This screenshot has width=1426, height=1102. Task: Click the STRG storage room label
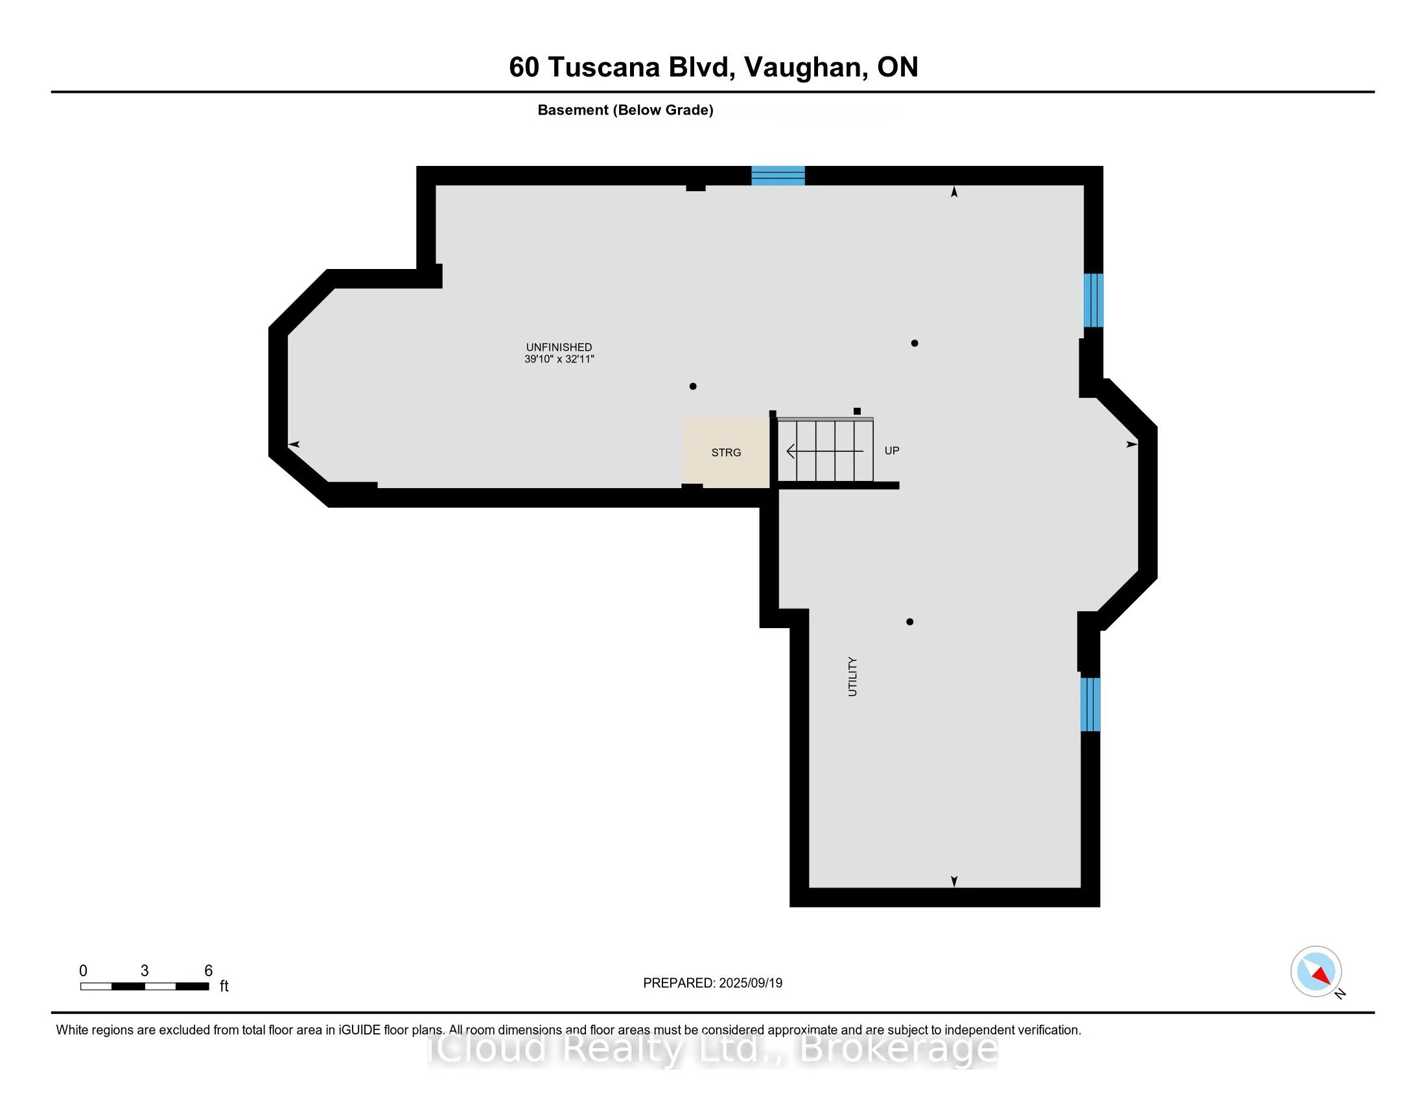pyautogui.click(x=726, y=452)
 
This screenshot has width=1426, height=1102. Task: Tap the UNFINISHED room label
pyautogui.click(x=559, y=347)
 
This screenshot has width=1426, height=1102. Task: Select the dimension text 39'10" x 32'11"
pyautogui.click(x=559, y=359)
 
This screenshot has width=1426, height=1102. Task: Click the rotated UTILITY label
pyautogui.click(x=852, y=677)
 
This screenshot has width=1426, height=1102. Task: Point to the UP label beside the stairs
pyautogui.click(x=891, y=451)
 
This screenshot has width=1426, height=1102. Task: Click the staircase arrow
pyautogui.click(x=824, y=451)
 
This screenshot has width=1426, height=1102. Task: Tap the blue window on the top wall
pyautogui.click(x=778, y=176)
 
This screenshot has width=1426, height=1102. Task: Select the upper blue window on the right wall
pyautogui.click(x=1093, y=299)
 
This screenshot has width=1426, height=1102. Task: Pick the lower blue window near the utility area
pyautogui.click(x=1090, y=705)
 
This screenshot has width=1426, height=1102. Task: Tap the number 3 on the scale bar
pyautogui.click(x=145, y=971)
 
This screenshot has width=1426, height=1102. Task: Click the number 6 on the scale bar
pyautogui.click(x=208, y=971)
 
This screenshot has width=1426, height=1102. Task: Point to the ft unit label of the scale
pyautogui.click(x=224, y=986)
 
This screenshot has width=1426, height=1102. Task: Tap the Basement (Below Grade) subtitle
pyautogui.click(x=625, y=110)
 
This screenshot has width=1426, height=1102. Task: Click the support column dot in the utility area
pyautogui.click(x=909, y=622)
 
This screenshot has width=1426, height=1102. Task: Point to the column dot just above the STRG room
pyautogui.click(x=693, y=386)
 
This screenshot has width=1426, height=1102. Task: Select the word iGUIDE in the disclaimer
pyautogui.click(x=358, y=1030)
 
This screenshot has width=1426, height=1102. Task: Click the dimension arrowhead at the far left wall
pyautogui.click(x=294, y=445)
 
